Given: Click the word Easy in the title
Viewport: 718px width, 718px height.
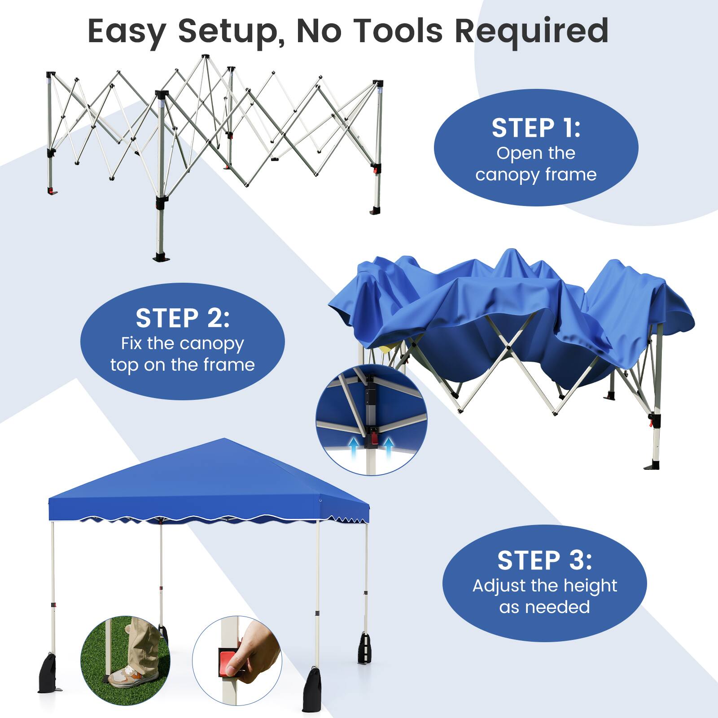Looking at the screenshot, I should (x=127, y=31).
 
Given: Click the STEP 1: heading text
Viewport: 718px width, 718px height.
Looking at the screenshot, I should (x=536, y=128).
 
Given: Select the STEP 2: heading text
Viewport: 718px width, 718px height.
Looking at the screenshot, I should (x=182, y=318).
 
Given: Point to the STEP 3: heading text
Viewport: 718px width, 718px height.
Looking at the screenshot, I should (x=544, y=560).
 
